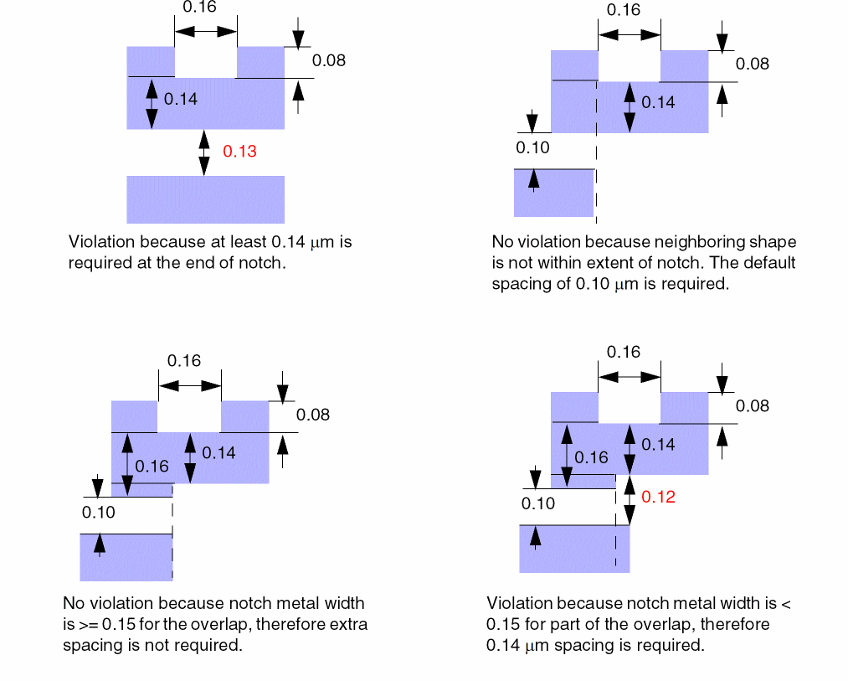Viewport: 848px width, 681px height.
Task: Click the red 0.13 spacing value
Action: [239, 152]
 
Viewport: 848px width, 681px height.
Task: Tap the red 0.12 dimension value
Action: [658, 497]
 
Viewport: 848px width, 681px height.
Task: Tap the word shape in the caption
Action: [774, 242]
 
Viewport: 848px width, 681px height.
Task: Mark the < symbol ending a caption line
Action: [785, 603]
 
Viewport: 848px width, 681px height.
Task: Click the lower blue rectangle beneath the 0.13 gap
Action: [205, 199]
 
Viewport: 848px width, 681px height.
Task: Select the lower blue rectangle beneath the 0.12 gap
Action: [574, 549]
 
